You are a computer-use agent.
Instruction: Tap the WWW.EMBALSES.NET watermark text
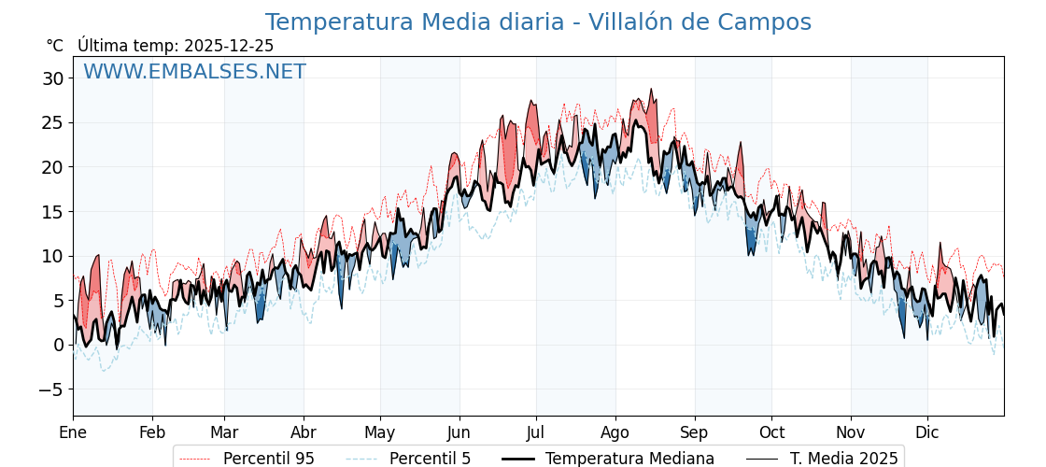pos(194,72)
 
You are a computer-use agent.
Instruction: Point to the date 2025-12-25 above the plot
pos(229,46)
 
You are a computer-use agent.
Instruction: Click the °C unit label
pos(55,46)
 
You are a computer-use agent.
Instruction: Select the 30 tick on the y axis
pos(52,78)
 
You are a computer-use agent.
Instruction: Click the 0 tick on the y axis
pos(58,345)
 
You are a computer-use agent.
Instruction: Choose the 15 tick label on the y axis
pos(52,212)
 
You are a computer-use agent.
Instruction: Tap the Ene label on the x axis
pos(73,432)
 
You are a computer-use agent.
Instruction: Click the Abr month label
pos(304,432)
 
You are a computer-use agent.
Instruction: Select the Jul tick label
pos(536,432)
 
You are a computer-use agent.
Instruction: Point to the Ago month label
pos(615,432)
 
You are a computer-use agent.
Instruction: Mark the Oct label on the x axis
pos(771,432)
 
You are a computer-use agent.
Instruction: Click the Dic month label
pos(927,432)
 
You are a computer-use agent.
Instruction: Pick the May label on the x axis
pos(380,432)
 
